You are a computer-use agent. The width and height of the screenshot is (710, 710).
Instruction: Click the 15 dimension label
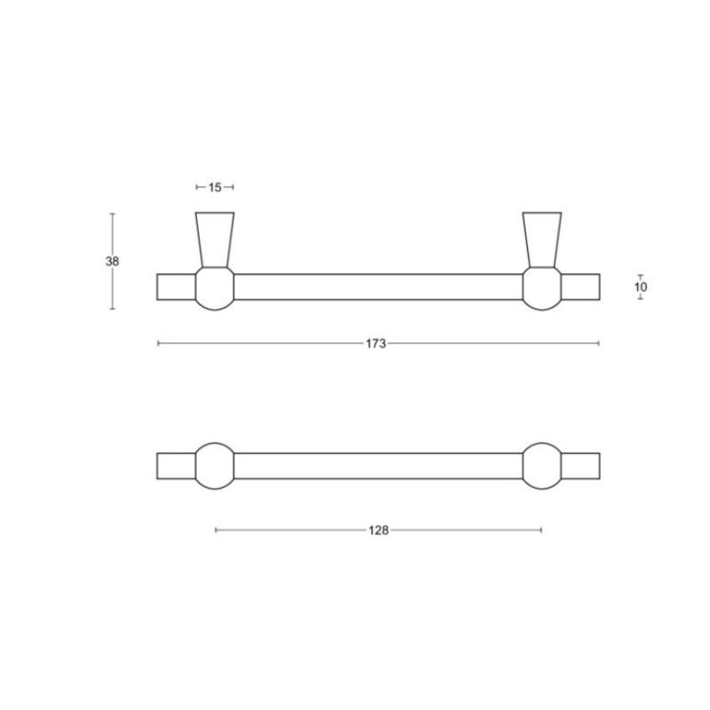pyautogui.click(x=215, y=187)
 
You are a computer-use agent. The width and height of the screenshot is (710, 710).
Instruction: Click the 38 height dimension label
pyautogui.click(x=113, y=261)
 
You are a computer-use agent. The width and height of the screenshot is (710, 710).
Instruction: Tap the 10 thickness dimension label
pyautogui.click(x=641, y=287)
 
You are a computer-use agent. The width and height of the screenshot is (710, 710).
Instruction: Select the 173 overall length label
pyautogui.click(x=375, y=343)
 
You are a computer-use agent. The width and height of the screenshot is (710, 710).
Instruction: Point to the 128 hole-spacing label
pyautogui.click(x=379, y=530)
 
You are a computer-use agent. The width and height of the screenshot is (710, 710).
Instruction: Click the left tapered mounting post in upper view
pyautogui.click(x=215, y=240)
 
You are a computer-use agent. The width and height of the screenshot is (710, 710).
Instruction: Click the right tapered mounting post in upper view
pyautogui.click(x=542, y=240)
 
